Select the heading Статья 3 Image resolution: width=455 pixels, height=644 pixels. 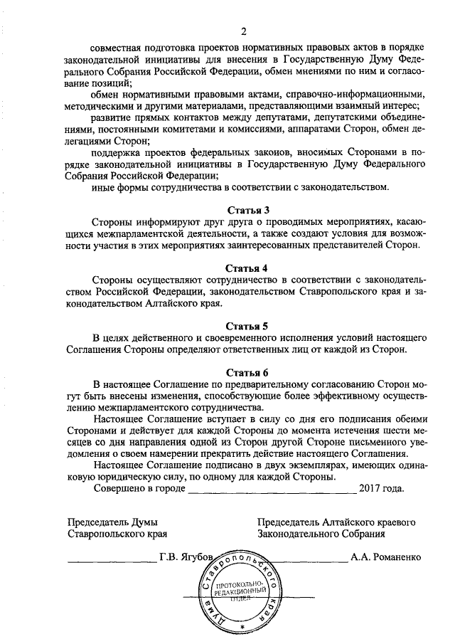click(x=247, y=210)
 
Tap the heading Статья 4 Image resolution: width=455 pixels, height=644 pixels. click(x=247, y=268)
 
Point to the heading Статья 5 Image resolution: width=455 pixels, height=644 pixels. click(x=247, y=327)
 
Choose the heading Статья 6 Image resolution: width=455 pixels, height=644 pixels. click(x=247, y=372)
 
